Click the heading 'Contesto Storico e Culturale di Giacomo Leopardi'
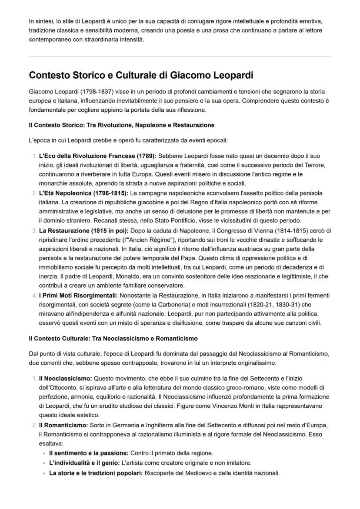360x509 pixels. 141,75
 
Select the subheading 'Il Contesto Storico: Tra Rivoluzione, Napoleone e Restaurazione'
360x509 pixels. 122,125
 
